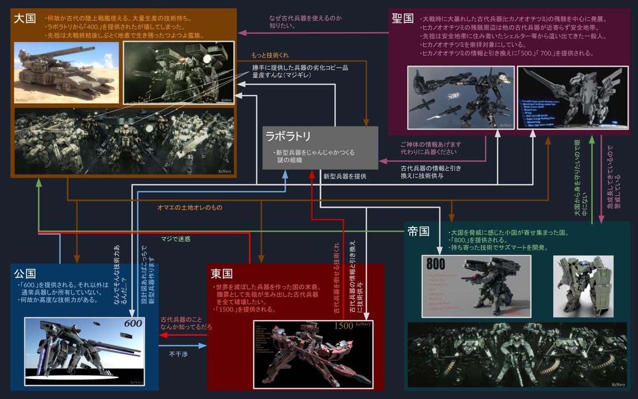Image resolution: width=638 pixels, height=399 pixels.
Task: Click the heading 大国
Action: coord(25,19)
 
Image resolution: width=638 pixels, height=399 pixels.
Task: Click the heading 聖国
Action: coord(402,19)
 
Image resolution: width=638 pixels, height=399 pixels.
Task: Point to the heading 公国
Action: coord(25,274)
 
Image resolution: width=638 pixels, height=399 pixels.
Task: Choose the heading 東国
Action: coord(222,274)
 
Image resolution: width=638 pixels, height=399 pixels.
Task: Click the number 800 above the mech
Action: coord(436,264)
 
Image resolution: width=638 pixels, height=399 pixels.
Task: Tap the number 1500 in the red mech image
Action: coord(342,326)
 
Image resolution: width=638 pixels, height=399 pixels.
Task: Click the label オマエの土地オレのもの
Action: coord(190,207)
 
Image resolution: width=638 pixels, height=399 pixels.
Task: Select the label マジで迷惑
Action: coord(175,239)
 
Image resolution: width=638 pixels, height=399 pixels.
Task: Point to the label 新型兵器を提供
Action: coord(345,176)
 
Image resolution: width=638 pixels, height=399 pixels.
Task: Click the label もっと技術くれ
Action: coord(271,55)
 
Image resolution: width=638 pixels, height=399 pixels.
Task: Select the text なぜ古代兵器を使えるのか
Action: coord(305,18)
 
